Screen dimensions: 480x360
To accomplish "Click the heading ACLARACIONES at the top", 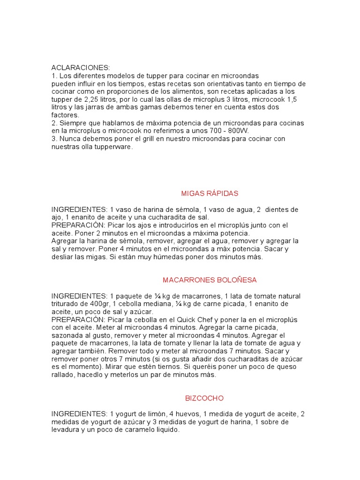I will [x=81, y=68].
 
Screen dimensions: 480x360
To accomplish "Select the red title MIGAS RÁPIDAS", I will [x=210, y=193].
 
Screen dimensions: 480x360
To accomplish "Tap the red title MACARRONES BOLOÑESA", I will [x=210, y=280].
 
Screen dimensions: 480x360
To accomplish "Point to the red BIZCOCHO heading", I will [x=204, y=398].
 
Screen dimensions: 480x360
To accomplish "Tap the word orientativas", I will [x=218, y=83].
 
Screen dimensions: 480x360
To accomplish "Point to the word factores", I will [x=65, y=115].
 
